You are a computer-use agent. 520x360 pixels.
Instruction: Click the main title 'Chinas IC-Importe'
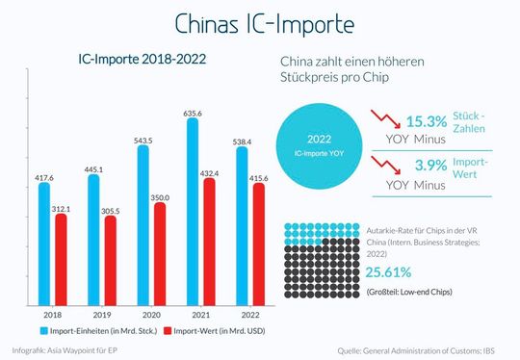pos(260,23)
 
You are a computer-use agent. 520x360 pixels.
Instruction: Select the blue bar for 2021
pos(194,212)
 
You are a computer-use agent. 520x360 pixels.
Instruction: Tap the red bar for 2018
pos(62,260)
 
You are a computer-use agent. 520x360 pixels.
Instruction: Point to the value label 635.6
pos(194,111)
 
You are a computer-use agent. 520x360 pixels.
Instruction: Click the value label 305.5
pos(111,209)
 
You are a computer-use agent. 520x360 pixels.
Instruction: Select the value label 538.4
pos(243,139)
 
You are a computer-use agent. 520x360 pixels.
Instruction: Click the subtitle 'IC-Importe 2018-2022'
pos(142,60)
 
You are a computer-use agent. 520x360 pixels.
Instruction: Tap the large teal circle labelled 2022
pos(317,144)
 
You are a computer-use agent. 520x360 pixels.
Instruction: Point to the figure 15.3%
pos(426,121)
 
